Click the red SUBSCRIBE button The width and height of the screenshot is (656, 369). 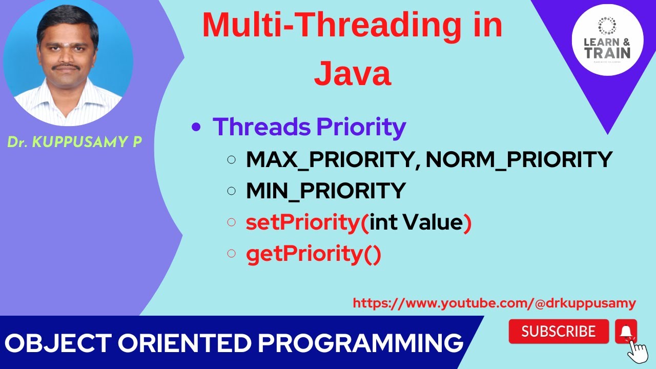coord(559,332)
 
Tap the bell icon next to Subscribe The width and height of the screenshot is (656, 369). coord(626,331)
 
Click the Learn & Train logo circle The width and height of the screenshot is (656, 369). coord(607,39)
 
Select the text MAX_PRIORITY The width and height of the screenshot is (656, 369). coord(329,159)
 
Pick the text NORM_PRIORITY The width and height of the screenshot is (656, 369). coord(519,159)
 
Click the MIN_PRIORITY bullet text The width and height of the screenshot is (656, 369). coord(325,191)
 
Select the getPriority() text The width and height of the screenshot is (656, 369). coord(314,254)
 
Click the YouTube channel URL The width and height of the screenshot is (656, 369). coord(494,303)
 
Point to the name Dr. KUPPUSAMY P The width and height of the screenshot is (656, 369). coord(74,142)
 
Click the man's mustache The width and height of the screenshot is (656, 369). coord(68,67)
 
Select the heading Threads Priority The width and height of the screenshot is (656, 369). coord(309,127)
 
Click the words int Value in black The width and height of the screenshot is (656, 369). coord(416,222)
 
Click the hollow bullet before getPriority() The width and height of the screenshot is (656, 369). coord(231,253)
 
